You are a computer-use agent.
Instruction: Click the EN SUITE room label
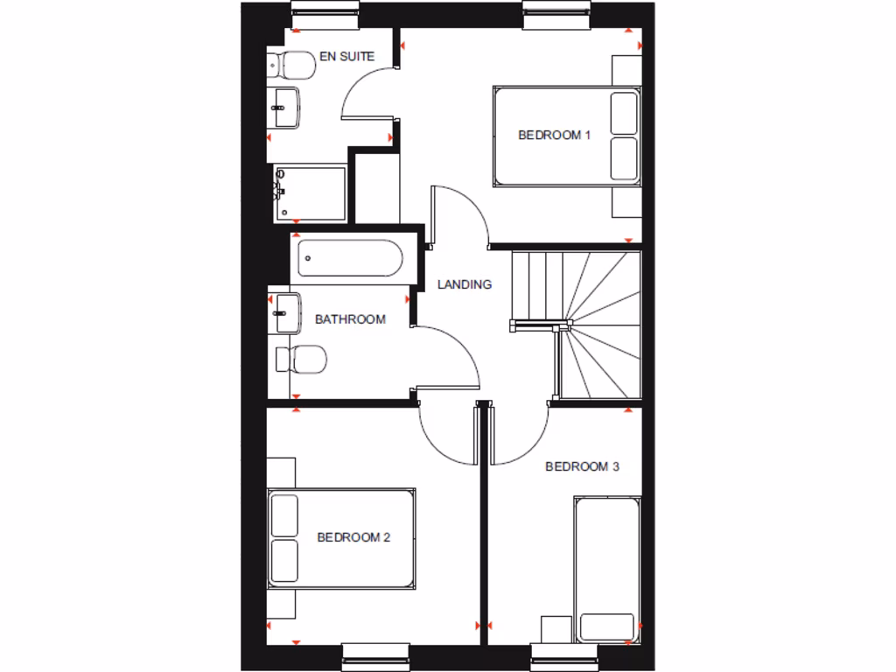click(346, 56)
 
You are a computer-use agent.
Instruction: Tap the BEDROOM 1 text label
click(555, 135)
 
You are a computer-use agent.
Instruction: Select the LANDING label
click(465, 284)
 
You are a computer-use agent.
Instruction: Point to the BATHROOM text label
click(350, 319)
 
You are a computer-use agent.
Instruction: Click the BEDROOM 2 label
click(353, 537)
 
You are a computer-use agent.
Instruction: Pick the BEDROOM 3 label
click(582, 466)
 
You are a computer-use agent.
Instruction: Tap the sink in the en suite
click(285, 107)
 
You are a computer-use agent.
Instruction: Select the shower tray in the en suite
click(311, 193)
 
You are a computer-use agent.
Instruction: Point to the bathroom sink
click(287, 312)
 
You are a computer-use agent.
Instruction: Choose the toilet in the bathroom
click(302, 358)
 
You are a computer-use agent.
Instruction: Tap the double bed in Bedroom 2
click(341, 538)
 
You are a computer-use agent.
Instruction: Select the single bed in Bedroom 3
click(607, 569)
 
